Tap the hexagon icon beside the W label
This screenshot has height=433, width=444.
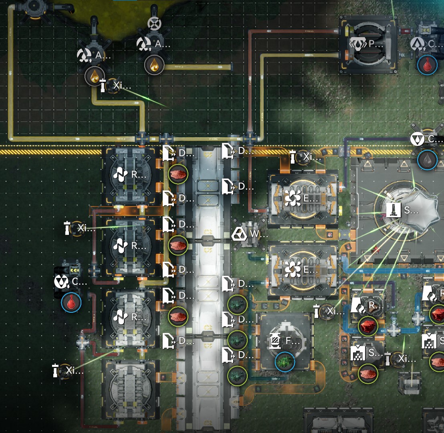coord(240,234)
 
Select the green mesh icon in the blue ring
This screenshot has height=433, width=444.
coord(285,362)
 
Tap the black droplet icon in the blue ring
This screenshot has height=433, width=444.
coord(427,160)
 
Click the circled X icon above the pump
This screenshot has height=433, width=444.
coord(154,24)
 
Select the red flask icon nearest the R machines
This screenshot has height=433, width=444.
coord(71,303)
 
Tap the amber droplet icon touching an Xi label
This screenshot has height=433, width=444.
coord(95,76)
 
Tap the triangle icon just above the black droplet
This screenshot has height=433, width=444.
coord(418,140)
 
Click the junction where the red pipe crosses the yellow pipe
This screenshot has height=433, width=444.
coord(250,139)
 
